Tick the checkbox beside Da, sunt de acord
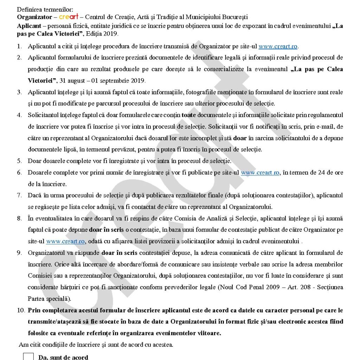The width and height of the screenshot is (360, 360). pyautogui.click(x=28, y=356)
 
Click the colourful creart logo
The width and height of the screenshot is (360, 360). pyautogui.click(x=69, y=17)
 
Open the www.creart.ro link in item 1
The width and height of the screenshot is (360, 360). pyautogui.click(x=278, y=46)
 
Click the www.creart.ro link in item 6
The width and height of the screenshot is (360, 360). pyautogui.click(x=260, y=173)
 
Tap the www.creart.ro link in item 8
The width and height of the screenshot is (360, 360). pyautogui.click(x=65, y=242)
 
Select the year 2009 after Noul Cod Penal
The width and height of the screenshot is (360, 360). pyautogui.click(x=266, y=287)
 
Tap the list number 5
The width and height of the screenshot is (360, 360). pyautogui.click(x=20, y=161)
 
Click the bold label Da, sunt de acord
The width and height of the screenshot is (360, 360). pyautogui.click(x=63, y=357)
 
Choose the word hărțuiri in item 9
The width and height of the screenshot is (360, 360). pyautogui.click(x=69, y=287)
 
